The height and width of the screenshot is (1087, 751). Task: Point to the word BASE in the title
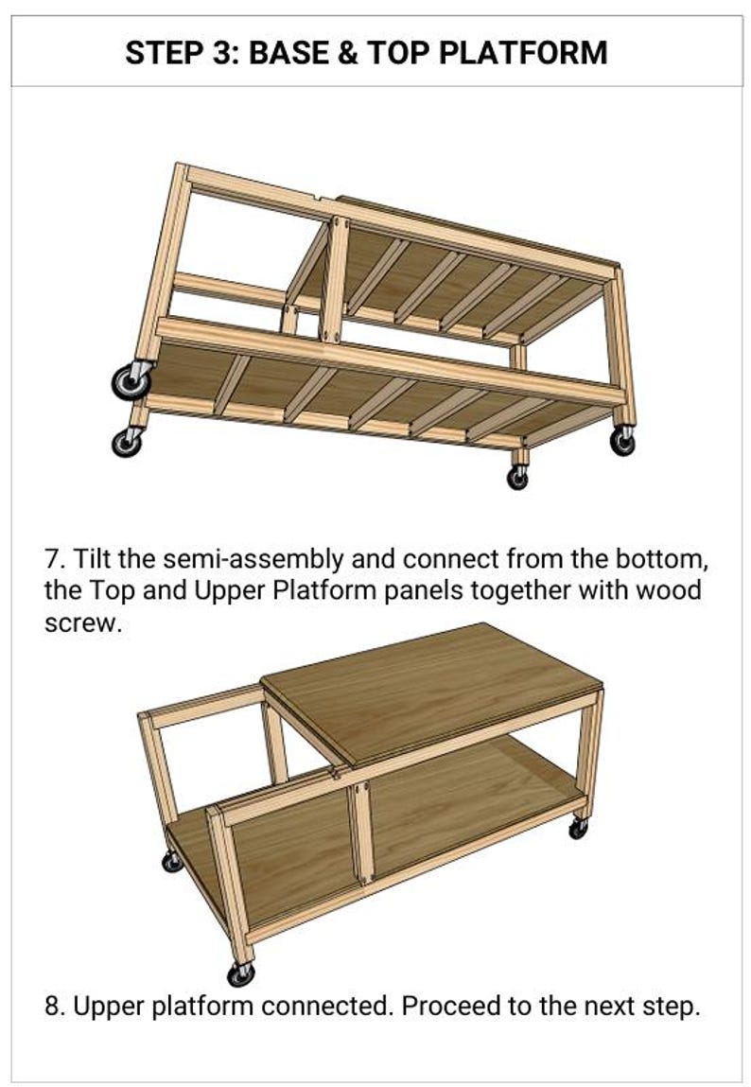[x=288, y=53]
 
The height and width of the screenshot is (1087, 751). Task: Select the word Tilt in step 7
[x=91, y=558]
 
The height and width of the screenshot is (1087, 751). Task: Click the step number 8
[x=54, y=1005]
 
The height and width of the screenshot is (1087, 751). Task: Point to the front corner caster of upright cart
[x=240, y=973]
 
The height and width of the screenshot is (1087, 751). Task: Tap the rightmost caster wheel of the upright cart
[x=578, y=828]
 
